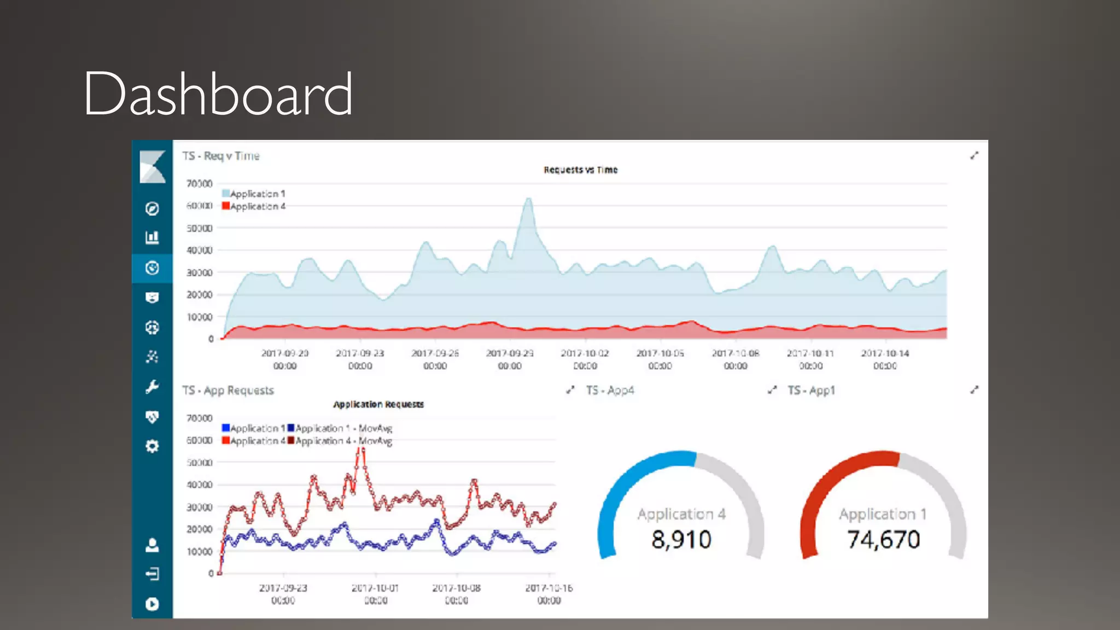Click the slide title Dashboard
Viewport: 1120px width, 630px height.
click(x=218, y=95)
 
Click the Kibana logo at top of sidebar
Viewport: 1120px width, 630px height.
click(x=152, y=166)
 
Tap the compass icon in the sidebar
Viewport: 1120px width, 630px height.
click(x=152, y=208)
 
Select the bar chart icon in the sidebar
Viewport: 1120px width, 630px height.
click(x=152, y=237)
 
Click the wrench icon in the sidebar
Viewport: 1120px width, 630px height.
click(x=152, y=387)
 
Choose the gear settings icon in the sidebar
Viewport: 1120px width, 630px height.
click(x=152, y=446)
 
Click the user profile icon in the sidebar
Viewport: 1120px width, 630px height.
click(x=152, y=545)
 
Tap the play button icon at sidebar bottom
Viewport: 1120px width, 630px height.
click(x=152, y=604)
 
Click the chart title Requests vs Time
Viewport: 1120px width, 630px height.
click(x=580, y=170)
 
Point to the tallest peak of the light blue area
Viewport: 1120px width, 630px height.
click(x=528, y=200)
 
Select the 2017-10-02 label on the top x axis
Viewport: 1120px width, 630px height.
click(x=585, y=354)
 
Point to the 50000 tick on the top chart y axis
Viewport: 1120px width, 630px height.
click(x=200, y=228)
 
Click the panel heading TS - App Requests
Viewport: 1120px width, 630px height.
click(x=228, y=390)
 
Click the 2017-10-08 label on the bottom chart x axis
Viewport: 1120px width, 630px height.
click(x=456, y=588)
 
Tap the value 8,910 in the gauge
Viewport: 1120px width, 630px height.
click(x=681, y=540)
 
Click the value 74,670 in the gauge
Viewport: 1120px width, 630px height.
click(x=883, y=540)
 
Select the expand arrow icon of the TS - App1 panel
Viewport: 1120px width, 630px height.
click(x=974, y=390)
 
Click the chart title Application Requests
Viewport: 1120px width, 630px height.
click(x=378, y=405)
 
